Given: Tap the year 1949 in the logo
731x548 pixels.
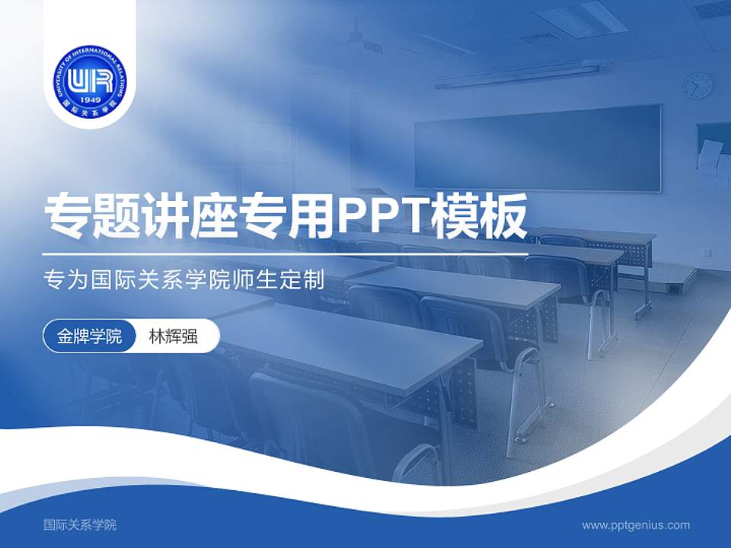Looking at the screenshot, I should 90,98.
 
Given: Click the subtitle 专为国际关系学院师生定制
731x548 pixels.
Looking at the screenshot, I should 185,279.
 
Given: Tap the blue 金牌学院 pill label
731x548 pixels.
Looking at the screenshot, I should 90,336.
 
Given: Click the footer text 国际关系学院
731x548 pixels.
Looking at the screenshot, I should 80,524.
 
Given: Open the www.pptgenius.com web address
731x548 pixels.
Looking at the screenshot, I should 636,524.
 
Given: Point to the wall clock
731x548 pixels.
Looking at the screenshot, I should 697,85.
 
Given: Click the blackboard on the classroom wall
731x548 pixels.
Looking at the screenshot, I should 537,147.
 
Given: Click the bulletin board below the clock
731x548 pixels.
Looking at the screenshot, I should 713,156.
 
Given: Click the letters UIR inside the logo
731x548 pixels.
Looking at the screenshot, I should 90,78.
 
